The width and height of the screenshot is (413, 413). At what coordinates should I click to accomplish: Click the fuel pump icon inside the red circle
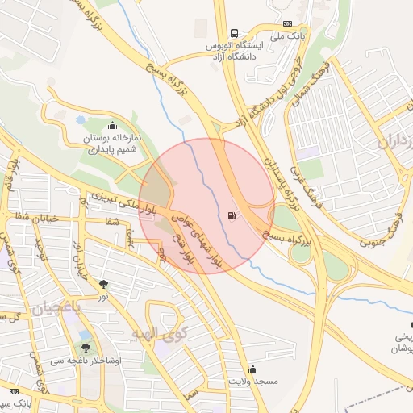point(233,215)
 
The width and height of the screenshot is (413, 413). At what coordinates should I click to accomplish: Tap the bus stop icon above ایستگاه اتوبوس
point(234,34)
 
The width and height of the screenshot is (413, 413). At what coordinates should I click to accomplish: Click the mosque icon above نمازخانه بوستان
point(111,126)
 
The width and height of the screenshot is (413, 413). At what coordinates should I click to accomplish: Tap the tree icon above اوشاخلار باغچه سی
point(86,348)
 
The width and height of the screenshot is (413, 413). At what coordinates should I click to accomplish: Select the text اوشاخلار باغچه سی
point(90,361)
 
